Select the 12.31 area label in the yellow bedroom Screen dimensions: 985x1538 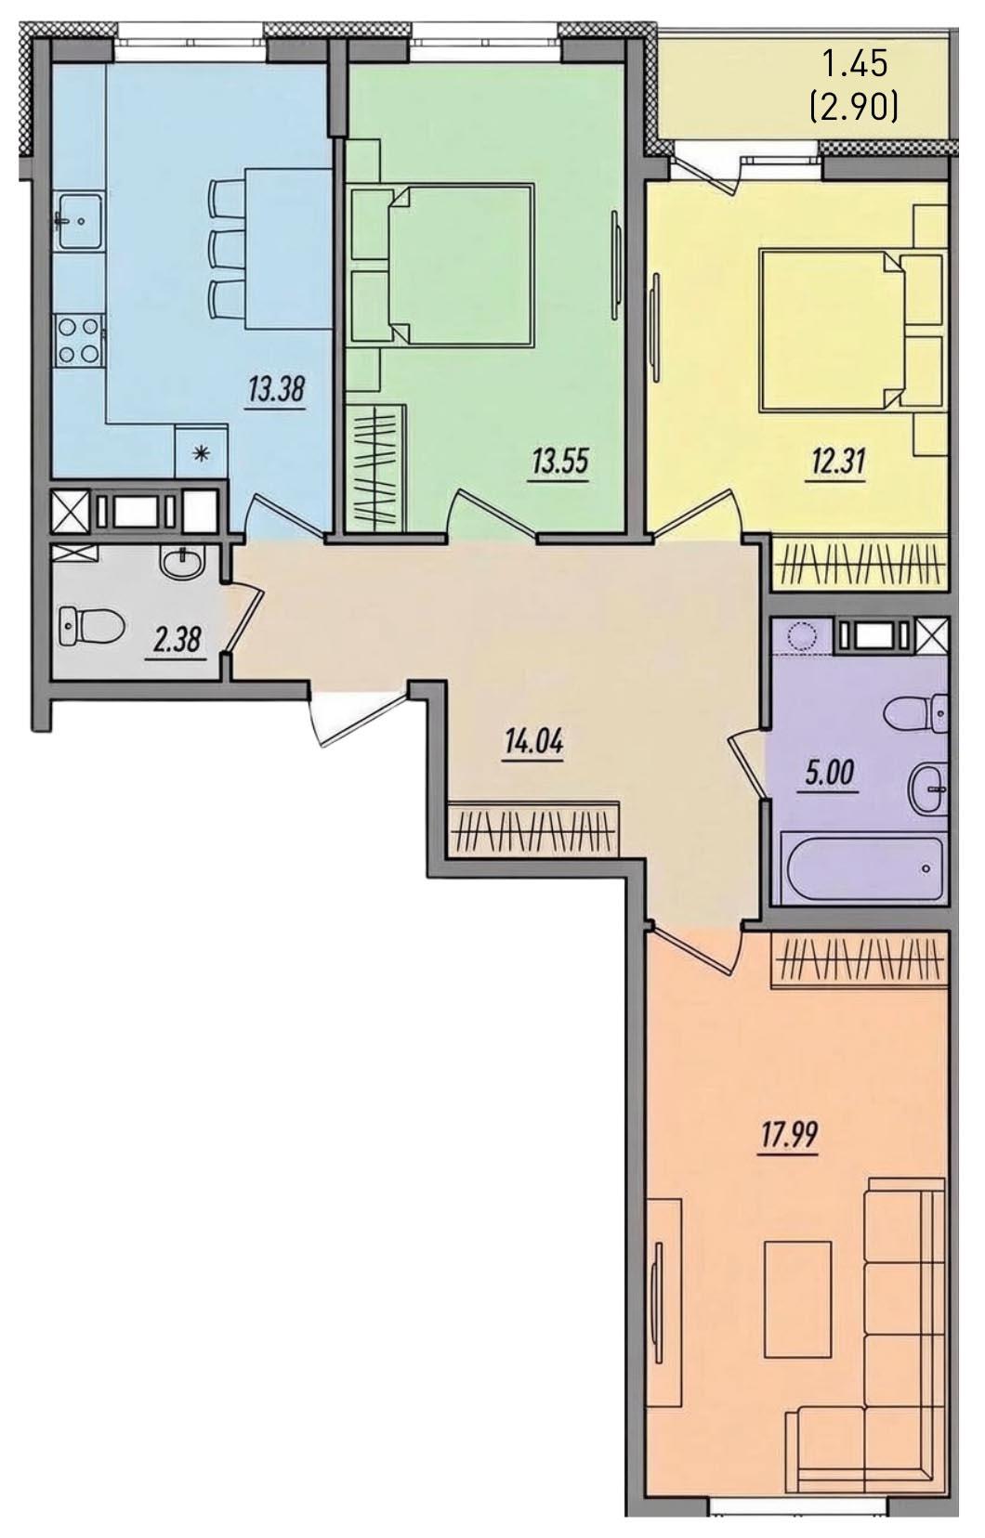(834, 464)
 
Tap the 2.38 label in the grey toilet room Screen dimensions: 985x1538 (176, 641)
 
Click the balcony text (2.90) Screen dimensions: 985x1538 (855, 108)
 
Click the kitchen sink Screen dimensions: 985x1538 (79, 220)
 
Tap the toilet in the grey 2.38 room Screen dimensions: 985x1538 (91, 625)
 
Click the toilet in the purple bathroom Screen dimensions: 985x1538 (918, 714)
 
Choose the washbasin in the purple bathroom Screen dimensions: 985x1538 (928, 790)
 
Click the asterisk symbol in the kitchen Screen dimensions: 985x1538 (202, 452)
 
